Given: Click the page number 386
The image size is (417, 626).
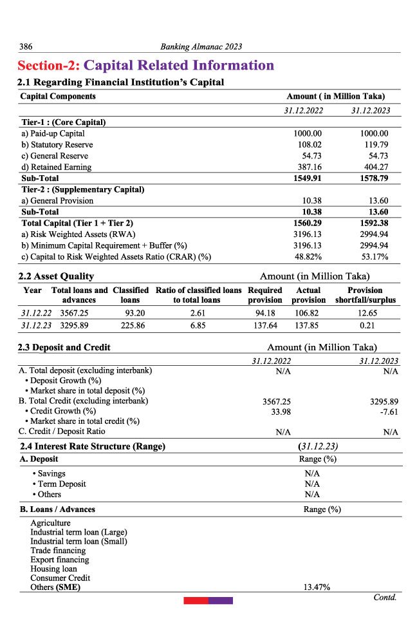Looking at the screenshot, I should tap(26, 46).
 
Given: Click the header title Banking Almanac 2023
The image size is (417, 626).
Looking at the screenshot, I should tap(201, 46).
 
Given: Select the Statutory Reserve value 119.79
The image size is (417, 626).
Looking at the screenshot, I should tap(376, 145).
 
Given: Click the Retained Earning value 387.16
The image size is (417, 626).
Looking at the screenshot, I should tap(308, 167).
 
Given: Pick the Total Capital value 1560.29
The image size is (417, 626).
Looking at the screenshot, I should tap(308, 223).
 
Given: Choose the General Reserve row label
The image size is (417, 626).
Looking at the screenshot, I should tap(55, 156).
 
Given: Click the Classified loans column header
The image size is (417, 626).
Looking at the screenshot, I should tap(131, 295).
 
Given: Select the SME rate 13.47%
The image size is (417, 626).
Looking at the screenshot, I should tap(317, 587).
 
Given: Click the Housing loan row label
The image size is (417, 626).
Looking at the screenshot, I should tap(53, 569).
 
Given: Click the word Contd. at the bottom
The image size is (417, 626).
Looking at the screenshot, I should tap(385, 597).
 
